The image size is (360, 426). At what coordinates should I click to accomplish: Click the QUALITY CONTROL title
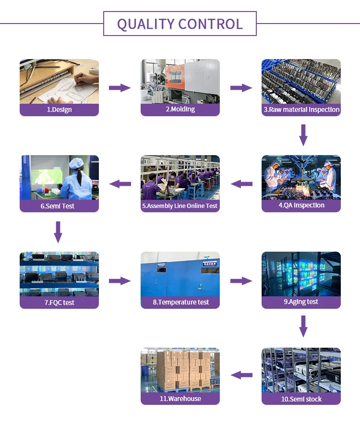180,24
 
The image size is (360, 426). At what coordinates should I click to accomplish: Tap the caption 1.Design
59,110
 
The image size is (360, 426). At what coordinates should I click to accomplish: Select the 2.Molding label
180,109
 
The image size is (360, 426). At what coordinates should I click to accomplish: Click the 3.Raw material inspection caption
301,110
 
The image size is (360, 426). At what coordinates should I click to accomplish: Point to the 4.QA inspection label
301,205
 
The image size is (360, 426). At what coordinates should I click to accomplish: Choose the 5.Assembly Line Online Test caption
180,206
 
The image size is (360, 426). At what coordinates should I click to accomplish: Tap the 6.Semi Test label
59,206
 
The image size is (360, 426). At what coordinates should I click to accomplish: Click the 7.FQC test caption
59,303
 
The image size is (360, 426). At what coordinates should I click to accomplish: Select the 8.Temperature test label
180,302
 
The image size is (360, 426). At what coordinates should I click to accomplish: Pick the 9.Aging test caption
301,302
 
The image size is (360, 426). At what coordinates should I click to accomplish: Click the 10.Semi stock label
301,399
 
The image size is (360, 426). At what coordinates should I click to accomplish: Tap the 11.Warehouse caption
180,399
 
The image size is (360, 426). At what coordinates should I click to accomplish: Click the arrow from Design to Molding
120,87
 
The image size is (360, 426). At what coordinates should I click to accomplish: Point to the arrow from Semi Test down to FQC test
58,231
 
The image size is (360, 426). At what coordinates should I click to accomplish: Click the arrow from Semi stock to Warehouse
241,375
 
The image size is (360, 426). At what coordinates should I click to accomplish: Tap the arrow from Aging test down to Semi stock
303,326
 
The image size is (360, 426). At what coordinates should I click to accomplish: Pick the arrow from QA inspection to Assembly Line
241,183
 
